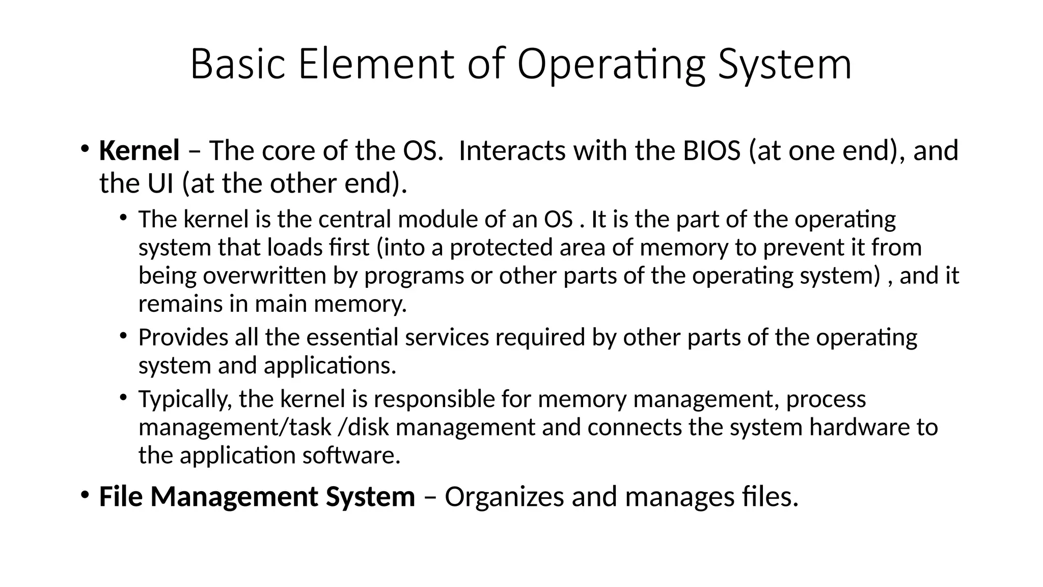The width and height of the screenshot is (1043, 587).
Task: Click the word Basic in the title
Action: (237, 64)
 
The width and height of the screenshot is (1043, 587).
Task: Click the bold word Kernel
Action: (139, 151)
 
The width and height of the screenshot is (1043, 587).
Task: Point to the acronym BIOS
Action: (711, 151)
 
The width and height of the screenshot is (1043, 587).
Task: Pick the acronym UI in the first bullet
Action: (160, 183)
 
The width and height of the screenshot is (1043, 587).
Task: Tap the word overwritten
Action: (264, 276)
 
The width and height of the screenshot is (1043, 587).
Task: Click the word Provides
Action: (183, 337)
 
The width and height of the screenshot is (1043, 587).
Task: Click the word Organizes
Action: (504, 497)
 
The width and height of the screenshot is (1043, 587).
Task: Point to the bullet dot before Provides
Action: (123, 336)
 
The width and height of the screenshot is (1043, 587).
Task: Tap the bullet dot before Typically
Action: (123, 397)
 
